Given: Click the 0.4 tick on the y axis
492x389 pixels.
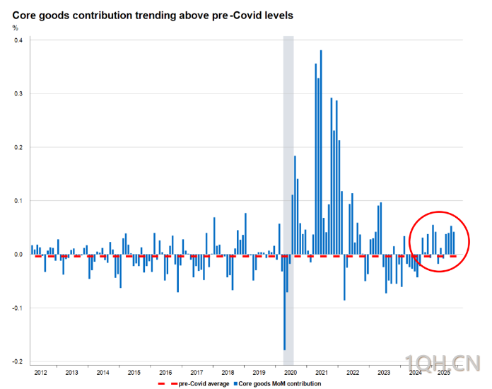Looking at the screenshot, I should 18,40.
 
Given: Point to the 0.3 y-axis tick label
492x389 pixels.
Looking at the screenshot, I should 18,93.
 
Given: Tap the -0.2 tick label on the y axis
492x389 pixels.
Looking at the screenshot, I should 17,361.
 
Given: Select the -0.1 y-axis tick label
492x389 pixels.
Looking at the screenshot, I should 17,308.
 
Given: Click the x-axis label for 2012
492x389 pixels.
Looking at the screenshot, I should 40,372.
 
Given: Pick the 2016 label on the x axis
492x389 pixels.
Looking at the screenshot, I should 165,372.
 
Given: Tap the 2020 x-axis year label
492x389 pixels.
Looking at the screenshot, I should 290,372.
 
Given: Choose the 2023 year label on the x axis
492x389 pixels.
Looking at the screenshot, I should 384,372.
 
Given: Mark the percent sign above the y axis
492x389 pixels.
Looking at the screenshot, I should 16,28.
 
